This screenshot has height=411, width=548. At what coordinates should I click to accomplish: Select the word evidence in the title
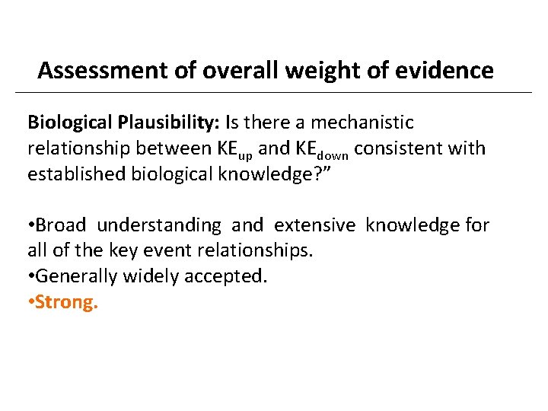click(450, 71)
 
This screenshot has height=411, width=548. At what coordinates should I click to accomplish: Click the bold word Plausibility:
click(169, 123)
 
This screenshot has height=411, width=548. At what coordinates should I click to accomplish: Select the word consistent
click(395, 148)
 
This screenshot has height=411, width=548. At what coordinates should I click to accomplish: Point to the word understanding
click(158, 226)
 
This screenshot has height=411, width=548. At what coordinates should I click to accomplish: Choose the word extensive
click(314, 225)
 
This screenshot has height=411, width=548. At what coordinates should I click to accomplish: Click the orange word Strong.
click(67, 302)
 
